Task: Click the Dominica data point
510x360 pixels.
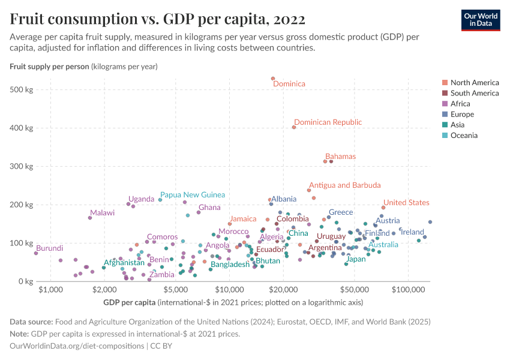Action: (273, 79)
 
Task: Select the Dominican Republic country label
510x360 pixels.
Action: (328, 122)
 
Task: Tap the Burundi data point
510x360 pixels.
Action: (36, 253)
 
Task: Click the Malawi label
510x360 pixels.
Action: (102, 213)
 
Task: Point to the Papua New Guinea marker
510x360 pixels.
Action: (160, 200)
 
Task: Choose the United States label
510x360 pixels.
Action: (406, 203)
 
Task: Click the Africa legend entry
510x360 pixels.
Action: (461, 104)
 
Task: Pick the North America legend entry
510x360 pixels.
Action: (474, 83)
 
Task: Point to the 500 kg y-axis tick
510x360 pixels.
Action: (21, 89)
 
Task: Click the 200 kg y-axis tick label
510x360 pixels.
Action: (21, 205)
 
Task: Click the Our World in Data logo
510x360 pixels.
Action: (481, 19)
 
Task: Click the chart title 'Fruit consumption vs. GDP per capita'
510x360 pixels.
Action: (158, 19)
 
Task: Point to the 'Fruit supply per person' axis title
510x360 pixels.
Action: (49, 66)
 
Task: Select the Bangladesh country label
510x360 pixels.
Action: (230, 264)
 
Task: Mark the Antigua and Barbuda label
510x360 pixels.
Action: (344, 185)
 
